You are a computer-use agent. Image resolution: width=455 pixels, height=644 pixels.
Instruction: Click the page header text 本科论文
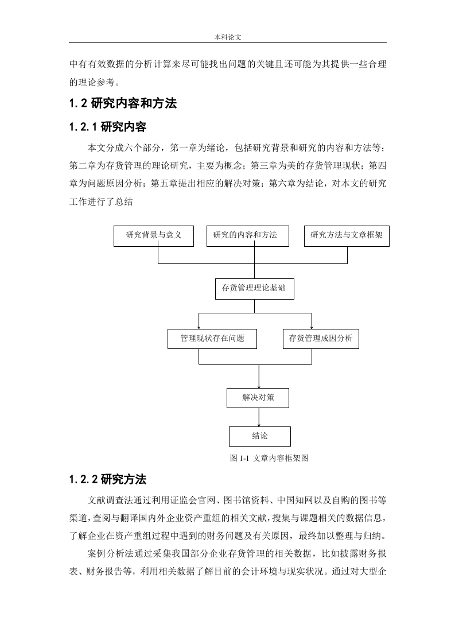[x=227, y=37]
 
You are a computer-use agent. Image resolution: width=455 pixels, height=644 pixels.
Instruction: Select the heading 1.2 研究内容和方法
[x=123, y=103]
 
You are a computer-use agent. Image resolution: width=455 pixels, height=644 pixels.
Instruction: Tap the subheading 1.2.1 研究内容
[x=108, y=127]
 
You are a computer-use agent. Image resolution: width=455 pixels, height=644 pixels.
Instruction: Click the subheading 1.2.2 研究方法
[x=108, y=479]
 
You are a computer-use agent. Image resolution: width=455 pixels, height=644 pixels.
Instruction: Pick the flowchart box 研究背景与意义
[x=154, y=236]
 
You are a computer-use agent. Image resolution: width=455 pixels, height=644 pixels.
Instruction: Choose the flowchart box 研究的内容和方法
[x=248, y=236]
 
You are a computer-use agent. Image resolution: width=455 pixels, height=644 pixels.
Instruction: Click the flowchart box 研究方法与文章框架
[x=347, y=236]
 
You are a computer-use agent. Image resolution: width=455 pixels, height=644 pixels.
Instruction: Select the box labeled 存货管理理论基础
[x=255, y=289]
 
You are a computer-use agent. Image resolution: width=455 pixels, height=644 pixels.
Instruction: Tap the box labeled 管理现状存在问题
[x=212, y=339]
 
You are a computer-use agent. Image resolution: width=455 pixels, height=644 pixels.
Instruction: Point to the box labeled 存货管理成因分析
[x=321, y=339]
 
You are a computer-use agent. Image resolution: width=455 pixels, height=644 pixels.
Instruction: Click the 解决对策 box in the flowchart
[x=258, y=398]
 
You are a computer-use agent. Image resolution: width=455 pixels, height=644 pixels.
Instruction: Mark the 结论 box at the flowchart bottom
[x=259, y=436]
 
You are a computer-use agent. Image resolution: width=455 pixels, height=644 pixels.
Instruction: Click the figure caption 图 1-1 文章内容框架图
[x=269, y=458]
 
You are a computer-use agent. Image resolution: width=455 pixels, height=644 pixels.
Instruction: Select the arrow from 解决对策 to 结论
[x=259, y=417]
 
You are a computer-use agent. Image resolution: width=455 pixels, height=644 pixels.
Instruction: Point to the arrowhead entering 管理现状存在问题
[x=199, y=327]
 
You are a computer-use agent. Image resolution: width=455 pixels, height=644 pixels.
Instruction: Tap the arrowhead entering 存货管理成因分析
[x=312, y=327]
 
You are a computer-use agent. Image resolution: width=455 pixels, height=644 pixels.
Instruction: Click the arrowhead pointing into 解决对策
[x=259, y=386]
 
